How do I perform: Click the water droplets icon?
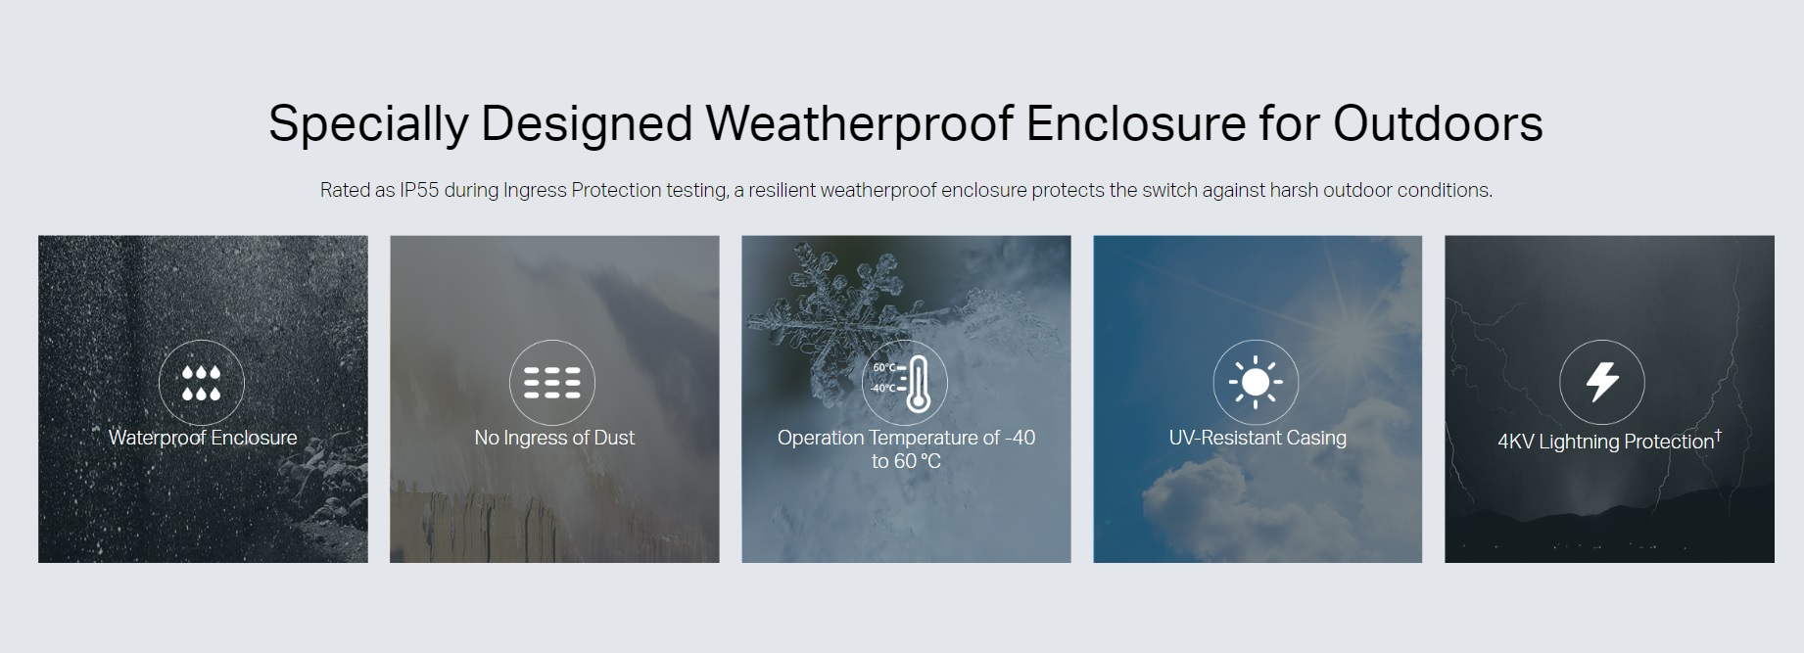pos(201,383)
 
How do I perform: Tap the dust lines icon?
pos(552,383)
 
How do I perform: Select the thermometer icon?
pos(917,384)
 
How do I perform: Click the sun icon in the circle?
pos(1256,383)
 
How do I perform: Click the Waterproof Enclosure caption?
pos(203,438)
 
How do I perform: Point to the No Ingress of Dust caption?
pos(554,438)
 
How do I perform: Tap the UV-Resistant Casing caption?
pos(1258,438)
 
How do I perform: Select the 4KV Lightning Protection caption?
pos(1606,442)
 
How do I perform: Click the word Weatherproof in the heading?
pos(859,124)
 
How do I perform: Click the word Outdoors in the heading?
pos(1438,123)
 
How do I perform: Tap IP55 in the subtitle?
pos(419,190)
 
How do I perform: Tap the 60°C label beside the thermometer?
pos(883,368)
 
